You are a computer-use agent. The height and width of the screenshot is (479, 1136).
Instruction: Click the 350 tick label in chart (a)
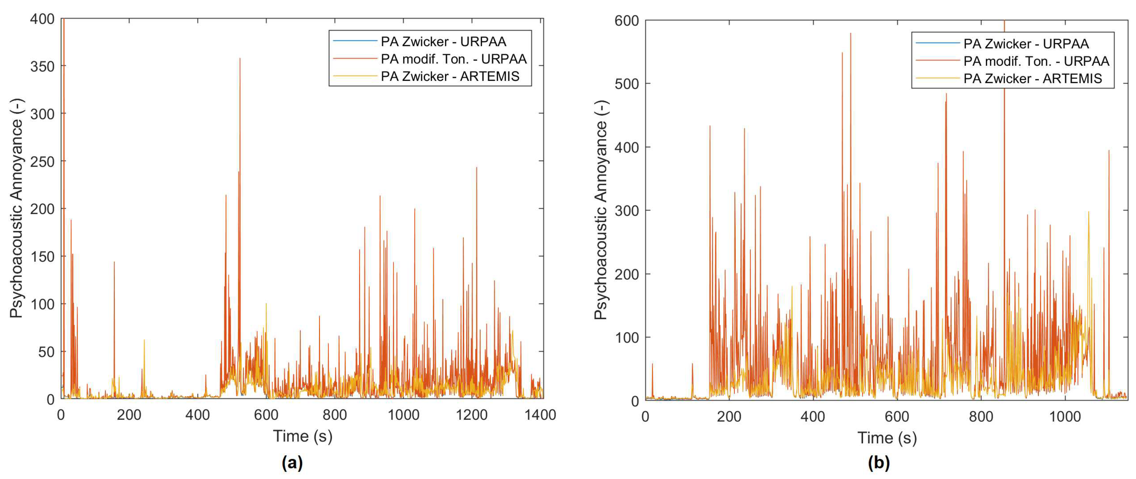point(42,66)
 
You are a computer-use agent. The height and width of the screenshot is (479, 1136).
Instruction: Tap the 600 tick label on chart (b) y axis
point(626,21)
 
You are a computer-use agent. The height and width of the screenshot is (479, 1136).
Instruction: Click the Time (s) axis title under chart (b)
point(887,438)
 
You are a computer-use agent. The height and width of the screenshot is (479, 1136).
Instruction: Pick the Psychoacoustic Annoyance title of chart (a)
point(16,208)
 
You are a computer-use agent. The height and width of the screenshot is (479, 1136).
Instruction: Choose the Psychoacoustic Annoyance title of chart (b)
point(601,210)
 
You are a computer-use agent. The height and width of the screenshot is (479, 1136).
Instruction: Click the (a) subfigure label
point(292,463)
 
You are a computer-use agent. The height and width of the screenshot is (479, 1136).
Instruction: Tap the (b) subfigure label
point(878,463)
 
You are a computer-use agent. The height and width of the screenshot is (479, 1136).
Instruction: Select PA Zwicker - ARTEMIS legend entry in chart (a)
point(450,76)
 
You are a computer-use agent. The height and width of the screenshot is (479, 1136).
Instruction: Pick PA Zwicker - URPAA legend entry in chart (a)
point(443,41)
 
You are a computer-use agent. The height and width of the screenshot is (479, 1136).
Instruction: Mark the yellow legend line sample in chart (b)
point(938,78)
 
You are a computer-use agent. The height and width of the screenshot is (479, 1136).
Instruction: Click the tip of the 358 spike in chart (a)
point(240,59)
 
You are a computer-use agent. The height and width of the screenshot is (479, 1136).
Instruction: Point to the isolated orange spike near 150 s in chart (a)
point(114,262)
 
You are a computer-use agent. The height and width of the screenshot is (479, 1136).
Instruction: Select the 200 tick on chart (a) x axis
point(129,415)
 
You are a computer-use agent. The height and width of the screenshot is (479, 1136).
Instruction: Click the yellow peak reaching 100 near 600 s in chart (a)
point(266,304)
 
